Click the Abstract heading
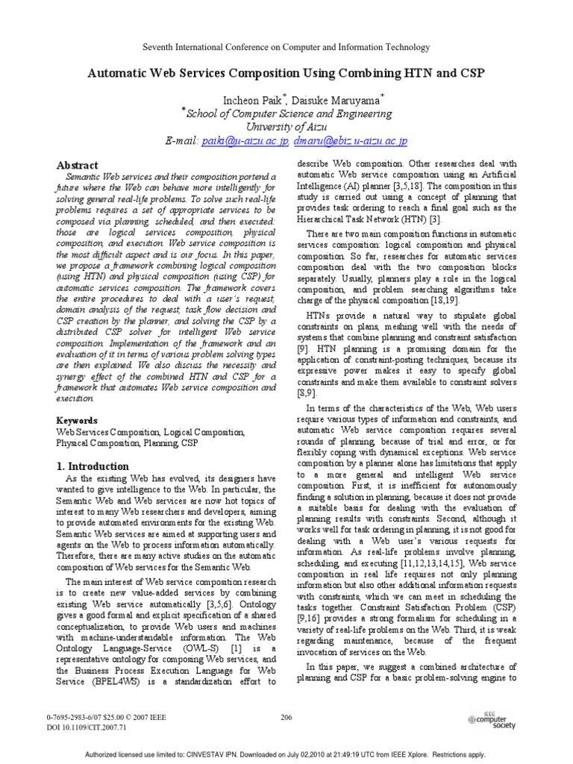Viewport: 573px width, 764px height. point(78,165)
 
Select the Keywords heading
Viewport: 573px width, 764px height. point(78,421)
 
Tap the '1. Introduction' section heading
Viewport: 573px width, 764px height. point(93,466)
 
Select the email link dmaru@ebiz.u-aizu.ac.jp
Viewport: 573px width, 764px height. point(350,140)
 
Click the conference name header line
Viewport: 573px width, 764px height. point(286,47)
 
